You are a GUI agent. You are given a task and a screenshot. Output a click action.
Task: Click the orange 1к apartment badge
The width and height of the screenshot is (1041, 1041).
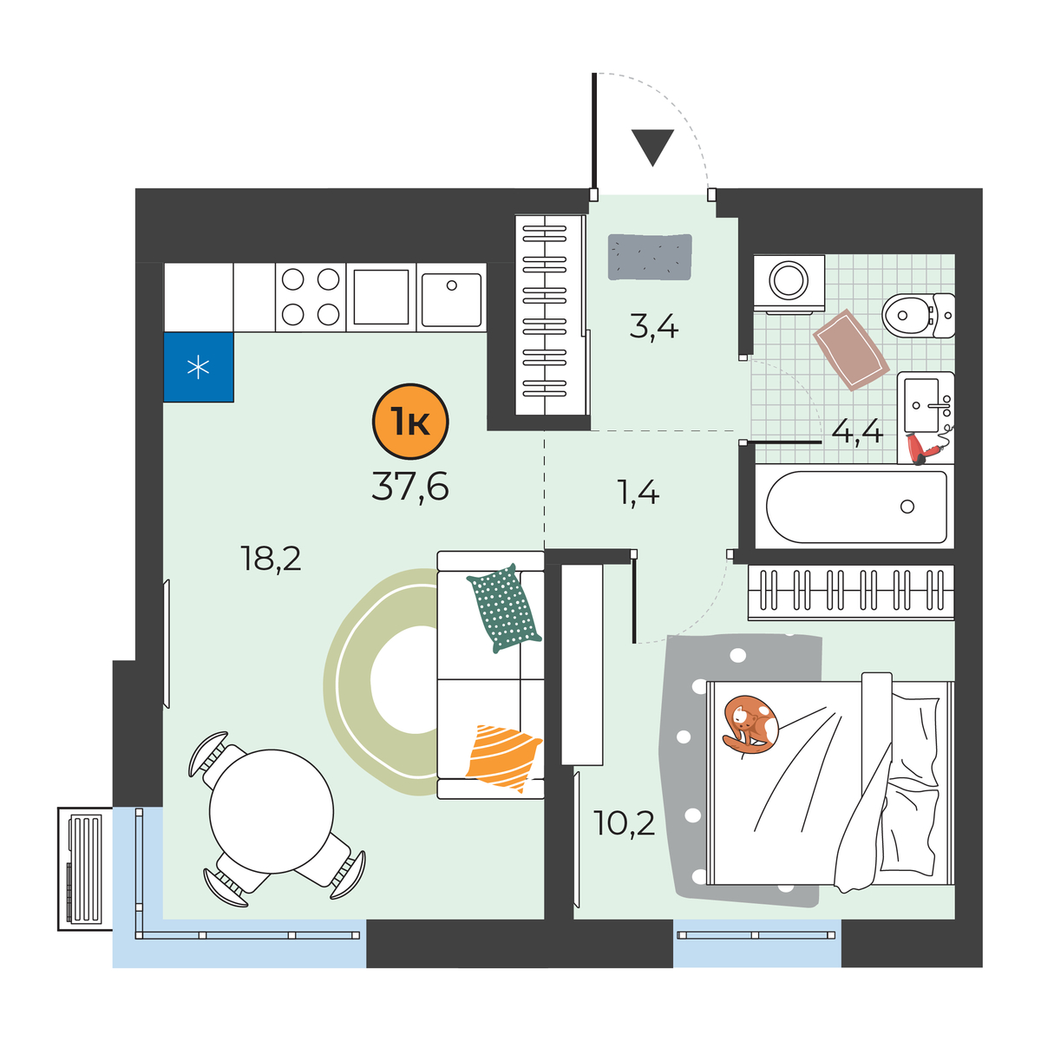pyautogui.click(x=410, y=422)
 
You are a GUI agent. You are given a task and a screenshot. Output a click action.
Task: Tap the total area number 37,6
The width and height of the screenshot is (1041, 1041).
pyautogui.click(x=410, y=486)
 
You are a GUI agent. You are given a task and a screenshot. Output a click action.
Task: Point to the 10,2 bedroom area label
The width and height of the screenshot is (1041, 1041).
pyautogui.click(x=624, y=823)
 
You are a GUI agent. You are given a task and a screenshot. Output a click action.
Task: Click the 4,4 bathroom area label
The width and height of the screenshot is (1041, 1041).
pyautogui.click(x=857, y=431)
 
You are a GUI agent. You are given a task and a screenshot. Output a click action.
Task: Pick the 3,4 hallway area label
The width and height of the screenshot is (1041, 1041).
pyautogui.click(x=653, y=327)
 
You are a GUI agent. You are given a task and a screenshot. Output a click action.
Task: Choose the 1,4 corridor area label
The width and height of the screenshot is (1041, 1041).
pyautogui.click(x=638, y=493)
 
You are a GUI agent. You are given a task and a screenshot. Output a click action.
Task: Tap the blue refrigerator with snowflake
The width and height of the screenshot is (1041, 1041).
pyautogui.click(x=199, y=367)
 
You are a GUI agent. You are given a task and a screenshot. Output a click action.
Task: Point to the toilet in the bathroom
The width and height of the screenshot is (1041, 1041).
pyautogui.click(x=918, y=315)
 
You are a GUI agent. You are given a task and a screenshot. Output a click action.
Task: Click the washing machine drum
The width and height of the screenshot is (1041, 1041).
pyautogui.click(x=789, y=280)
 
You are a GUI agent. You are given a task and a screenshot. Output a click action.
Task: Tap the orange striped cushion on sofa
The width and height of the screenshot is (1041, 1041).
pyautogui.click(x=503, y=756)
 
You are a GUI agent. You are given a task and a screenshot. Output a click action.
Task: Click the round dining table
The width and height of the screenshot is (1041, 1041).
pyautogui.click(x=272, y=811)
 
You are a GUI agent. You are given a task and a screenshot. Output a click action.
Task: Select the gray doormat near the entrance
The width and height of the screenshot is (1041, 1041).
pyautogui.click(x=650, y=257)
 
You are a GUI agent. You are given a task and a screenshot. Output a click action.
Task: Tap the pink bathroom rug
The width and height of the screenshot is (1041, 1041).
pyautogui.click(x=851, y=349)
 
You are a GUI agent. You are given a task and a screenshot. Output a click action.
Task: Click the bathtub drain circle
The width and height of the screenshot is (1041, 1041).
pyautogui.click(x=907, y=506)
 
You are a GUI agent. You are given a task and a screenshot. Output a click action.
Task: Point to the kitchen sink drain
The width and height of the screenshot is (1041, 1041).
pyautogui.click(x=452, y=285)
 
